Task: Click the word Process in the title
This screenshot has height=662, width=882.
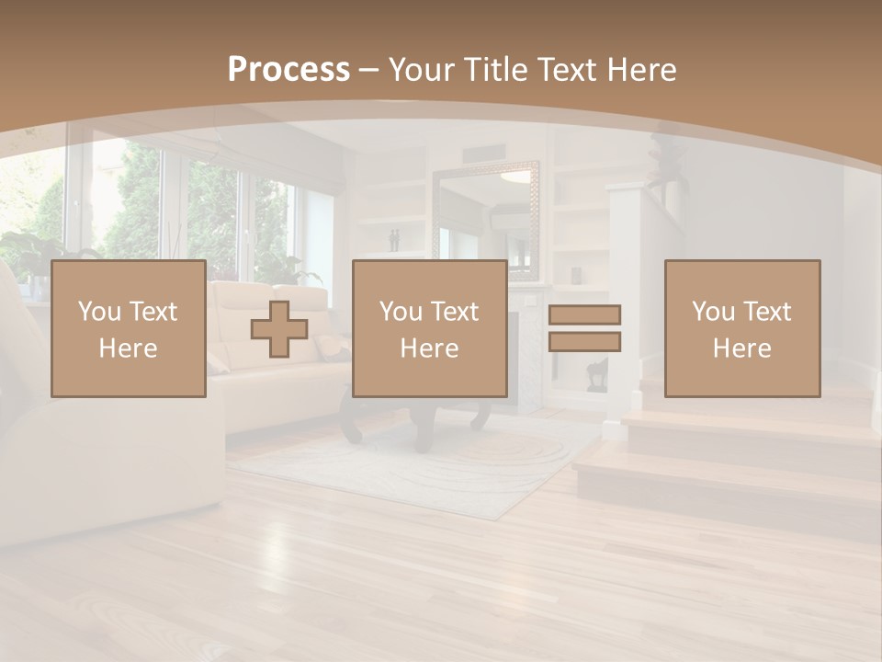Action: click(x=288, y=69)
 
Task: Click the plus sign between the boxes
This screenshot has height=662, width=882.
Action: click(x=279, y=329)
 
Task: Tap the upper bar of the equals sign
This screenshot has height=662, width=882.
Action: click(x=584, y=314)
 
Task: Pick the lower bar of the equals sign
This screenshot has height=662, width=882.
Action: click(x=584, y=342)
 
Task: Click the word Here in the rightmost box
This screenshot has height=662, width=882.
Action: click(x=742, y=348)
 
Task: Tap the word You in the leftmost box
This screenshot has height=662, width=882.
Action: click(x=98, y=312)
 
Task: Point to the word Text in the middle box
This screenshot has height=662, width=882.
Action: click(x=454, y=312)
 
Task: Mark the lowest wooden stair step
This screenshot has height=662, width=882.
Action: click(x=726, y=478)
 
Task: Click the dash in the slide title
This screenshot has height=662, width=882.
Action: click(x=369, y=70)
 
